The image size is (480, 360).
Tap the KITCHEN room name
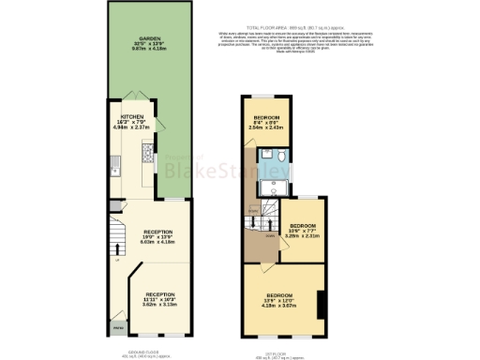pyautogui.click(x=131, y=118)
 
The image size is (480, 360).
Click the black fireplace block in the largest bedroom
pyautogui.click(x=321, y=306)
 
